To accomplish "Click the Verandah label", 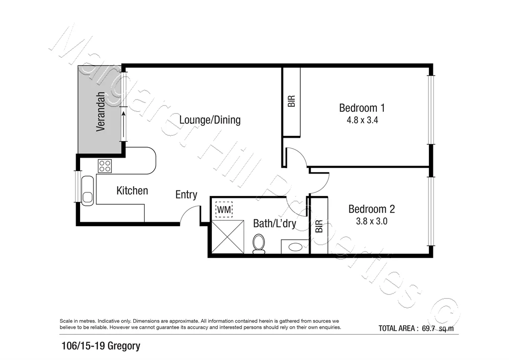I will [101, 112].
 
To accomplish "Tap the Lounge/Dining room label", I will [210, 120].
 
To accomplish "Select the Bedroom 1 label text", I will [362, 107].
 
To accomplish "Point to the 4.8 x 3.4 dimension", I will [362, 120].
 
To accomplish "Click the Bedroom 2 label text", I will [371, 209].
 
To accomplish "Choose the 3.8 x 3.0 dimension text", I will [371, 221].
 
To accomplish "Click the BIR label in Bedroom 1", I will [292, 101].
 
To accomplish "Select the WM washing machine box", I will [224, 210].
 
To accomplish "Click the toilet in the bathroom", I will [258, 244].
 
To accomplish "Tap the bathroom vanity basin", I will [294, 246].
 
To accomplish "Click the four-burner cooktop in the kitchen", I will [105, 166].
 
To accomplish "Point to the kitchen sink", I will [87, 189].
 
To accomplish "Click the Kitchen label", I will [132, 190].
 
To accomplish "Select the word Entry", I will [186, 195].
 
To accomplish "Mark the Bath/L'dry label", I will [274, 224].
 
